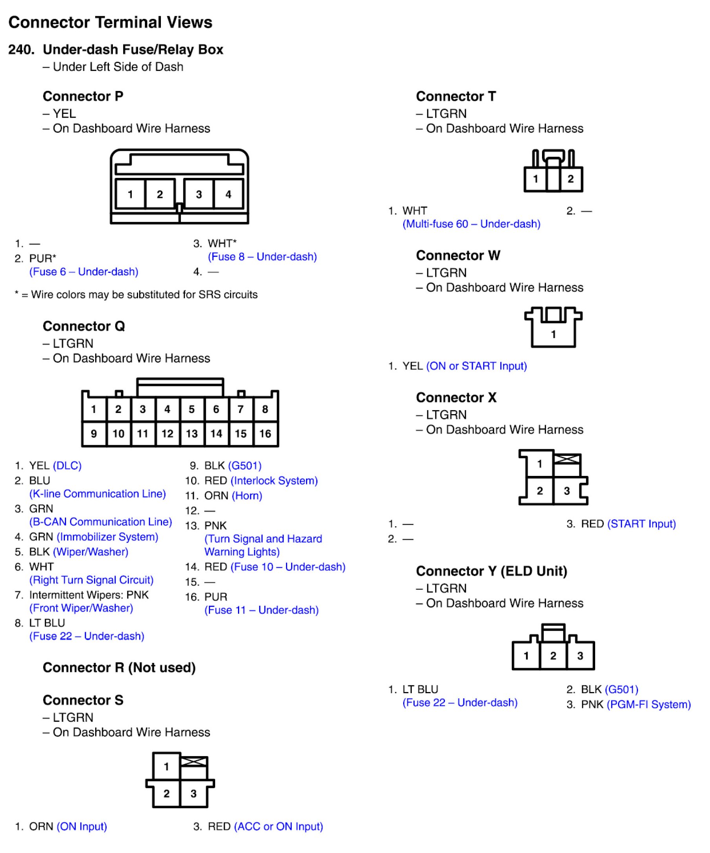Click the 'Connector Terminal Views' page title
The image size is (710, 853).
coord(110,22)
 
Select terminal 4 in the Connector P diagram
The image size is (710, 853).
coord(228,194)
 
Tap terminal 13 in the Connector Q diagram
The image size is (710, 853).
coord(192,434)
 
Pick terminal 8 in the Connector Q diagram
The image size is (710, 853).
coord(265,409)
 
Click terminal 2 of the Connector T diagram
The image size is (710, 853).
coord(570,179)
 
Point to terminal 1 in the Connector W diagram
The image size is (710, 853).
coord(553,334)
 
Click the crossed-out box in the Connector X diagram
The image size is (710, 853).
coord(567,459)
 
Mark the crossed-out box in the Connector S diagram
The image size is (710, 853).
coord(194,762)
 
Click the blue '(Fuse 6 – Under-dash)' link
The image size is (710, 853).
coord(84,272)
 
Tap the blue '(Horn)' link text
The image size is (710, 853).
coord(247,496)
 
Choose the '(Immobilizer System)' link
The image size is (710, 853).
coord(107,537)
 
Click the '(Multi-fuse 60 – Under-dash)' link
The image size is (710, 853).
coord(471,224)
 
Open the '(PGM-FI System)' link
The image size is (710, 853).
coord(648,704)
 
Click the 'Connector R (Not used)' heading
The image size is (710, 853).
coord(119,667)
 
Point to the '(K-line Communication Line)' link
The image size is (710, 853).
coord(98,494)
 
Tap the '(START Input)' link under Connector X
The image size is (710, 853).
coord(642,524)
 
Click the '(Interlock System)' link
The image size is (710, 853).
coord(274,481)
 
